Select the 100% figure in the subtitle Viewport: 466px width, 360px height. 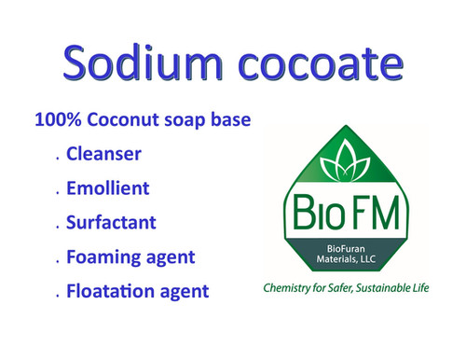55,120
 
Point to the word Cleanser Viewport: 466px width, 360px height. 104,154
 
